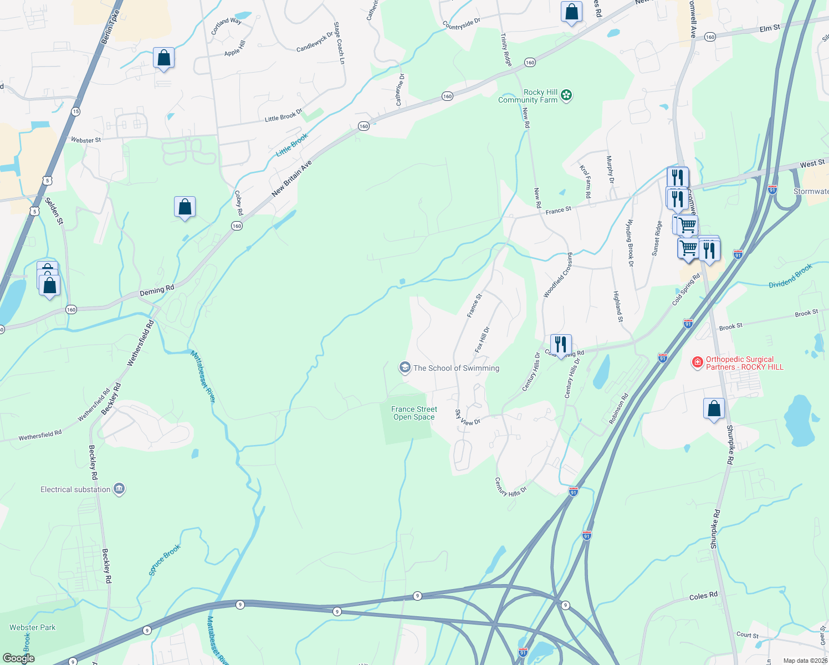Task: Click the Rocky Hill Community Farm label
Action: (528, 96)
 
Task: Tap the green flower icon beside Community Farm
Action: (566, 95)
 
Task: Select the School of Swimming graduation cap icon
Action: (405, 367)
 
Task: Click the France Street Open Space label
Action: (414, 413)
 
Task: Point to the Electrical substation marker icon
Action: (119, 489)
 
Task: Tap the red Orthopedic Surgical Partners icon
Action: (697, 362)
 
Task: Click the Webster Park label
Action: (33, 627)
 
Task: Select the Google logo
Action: (19, 658)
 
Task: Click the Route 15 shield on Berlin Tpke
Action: (76, 111)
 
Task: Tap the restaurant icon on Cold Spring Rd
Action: (561, 345)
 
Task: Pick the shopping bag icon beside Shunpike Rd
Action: (714, 408)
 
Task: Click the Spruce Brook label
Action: (165, 560)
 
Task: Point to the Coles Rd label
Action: (703, 596)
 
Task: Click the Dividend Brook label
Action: (790, 275)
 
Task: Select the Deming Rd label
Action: (157, 289)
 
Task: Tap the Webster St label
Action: (86, 140)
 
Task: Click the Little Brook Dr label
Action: (284, 115)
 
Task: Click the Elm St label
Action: (770, 28)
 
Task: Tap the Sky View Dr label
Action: (468, 418)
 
